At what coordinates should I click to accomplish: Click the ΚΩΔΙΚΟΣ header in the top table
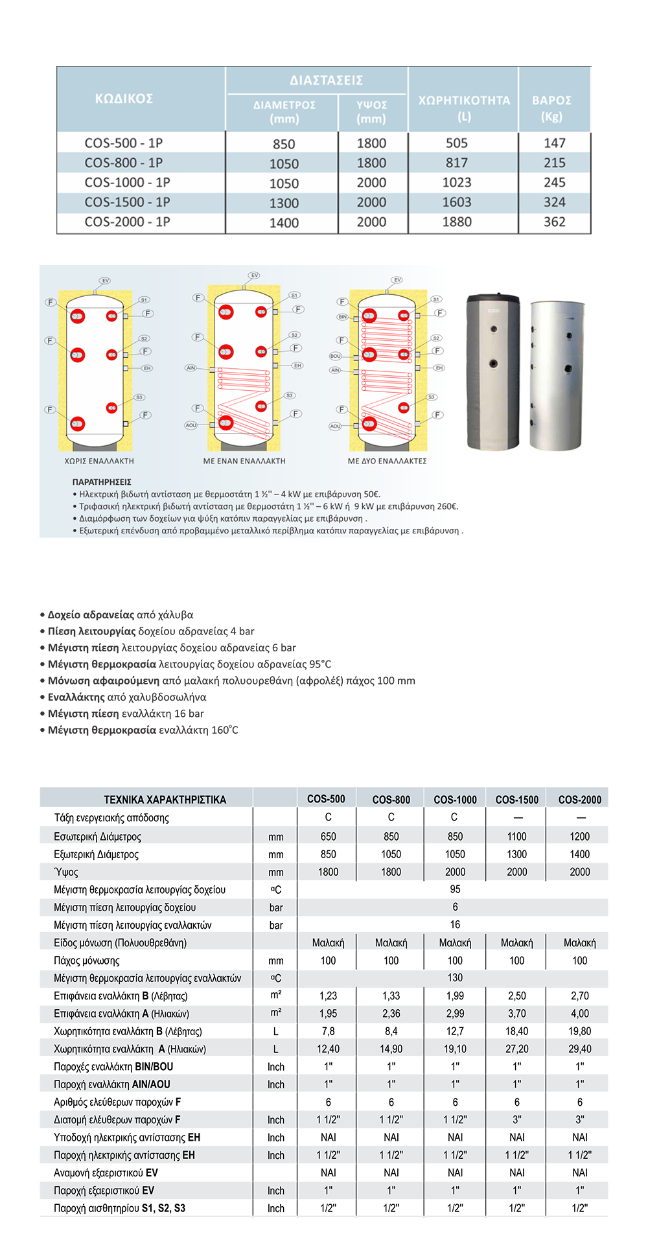pos(124,99)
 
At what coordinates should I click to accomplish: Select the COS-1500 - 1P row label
pos(127,202)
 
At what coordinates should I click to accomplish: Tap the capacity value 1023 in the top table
pos(457,183)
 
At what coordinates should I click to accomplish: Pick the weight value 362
pos(555,222)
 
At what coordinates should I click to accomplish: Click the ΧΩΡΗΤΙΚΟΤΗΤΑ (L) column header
pos(464,108)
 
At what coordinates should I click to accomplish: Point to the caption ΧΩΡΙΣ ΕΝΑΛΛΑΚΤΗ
pos(99,461)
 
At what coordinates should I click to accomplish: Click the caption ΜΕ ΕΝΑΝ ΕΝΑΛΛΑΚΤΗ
pos(244,461)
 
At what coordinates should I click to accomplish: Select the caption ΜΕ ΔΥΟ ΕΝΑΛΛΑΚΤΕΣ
pos(388,461)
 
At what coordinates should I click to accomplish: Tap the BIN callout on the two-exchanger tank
pos(342,317)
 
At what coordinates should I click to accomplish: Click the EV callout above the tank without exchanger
pos(105,281)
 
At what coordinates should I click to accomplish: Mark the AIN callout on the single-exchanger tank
pos(191,367)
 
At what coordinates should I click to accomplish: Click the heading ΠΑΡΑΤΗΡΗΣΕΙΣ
pos(102,482)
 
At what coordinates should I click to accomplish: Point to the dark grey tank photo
pos(493,373)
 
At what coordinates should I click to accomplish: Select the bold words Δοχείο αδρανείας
pos(91,614)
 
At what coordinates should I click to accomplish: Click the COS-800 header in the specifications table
pos(391,800)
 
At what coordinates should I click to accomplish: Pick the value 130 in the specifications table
pos(455,977)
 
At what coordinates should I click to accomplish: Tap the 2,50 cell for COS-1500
pos(516,996)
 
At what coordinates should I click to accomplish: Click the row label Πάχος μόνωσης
pos(87,961)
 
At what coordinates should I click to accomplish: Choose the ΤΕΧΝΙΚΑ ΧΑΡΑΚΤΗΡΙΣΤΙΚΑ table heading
pos(165,800)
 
